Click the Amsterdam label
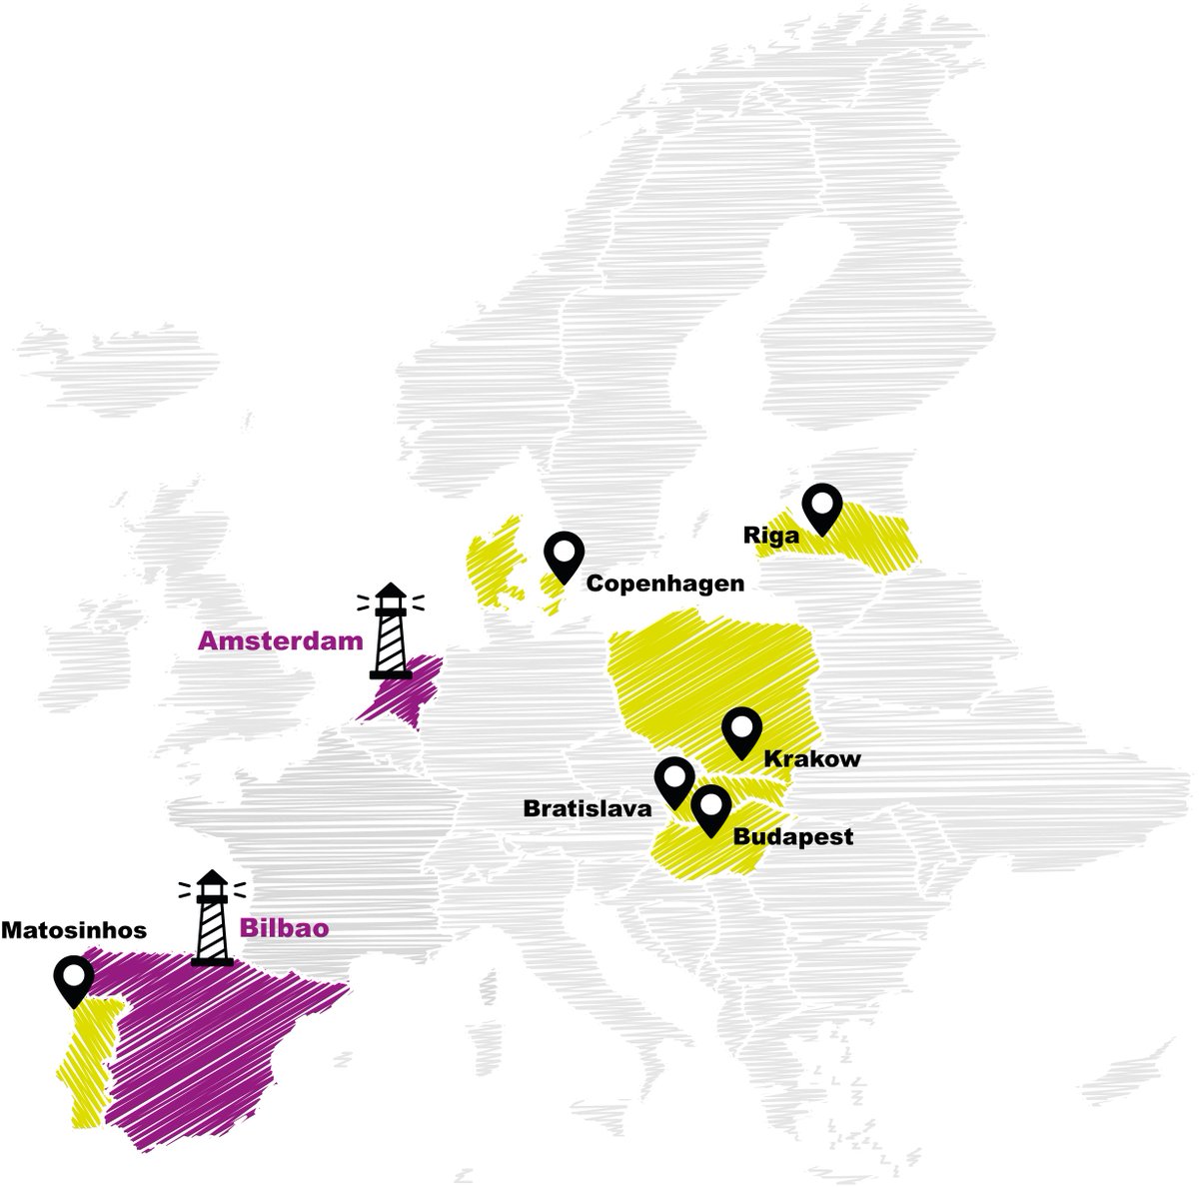click(280, 640)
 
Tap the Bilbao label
click(284, 928)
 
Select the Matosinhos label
click(73, 930)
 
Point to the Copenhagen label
click(664, 583)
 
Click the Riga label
click(771, 535)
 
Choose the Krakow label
click(811, 759)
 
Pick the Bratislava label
click(588, 808)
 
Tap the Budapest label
click(793, 836)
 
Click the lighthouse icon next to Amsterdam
click(391, 631)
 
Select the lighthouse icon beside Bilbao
click(212, 918)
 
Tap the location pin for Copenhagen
click(564, 556)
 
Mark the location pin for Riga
click(822, 509)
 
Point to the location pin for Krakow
click(740, 731)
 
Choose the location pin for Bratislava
click(674, 781)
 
